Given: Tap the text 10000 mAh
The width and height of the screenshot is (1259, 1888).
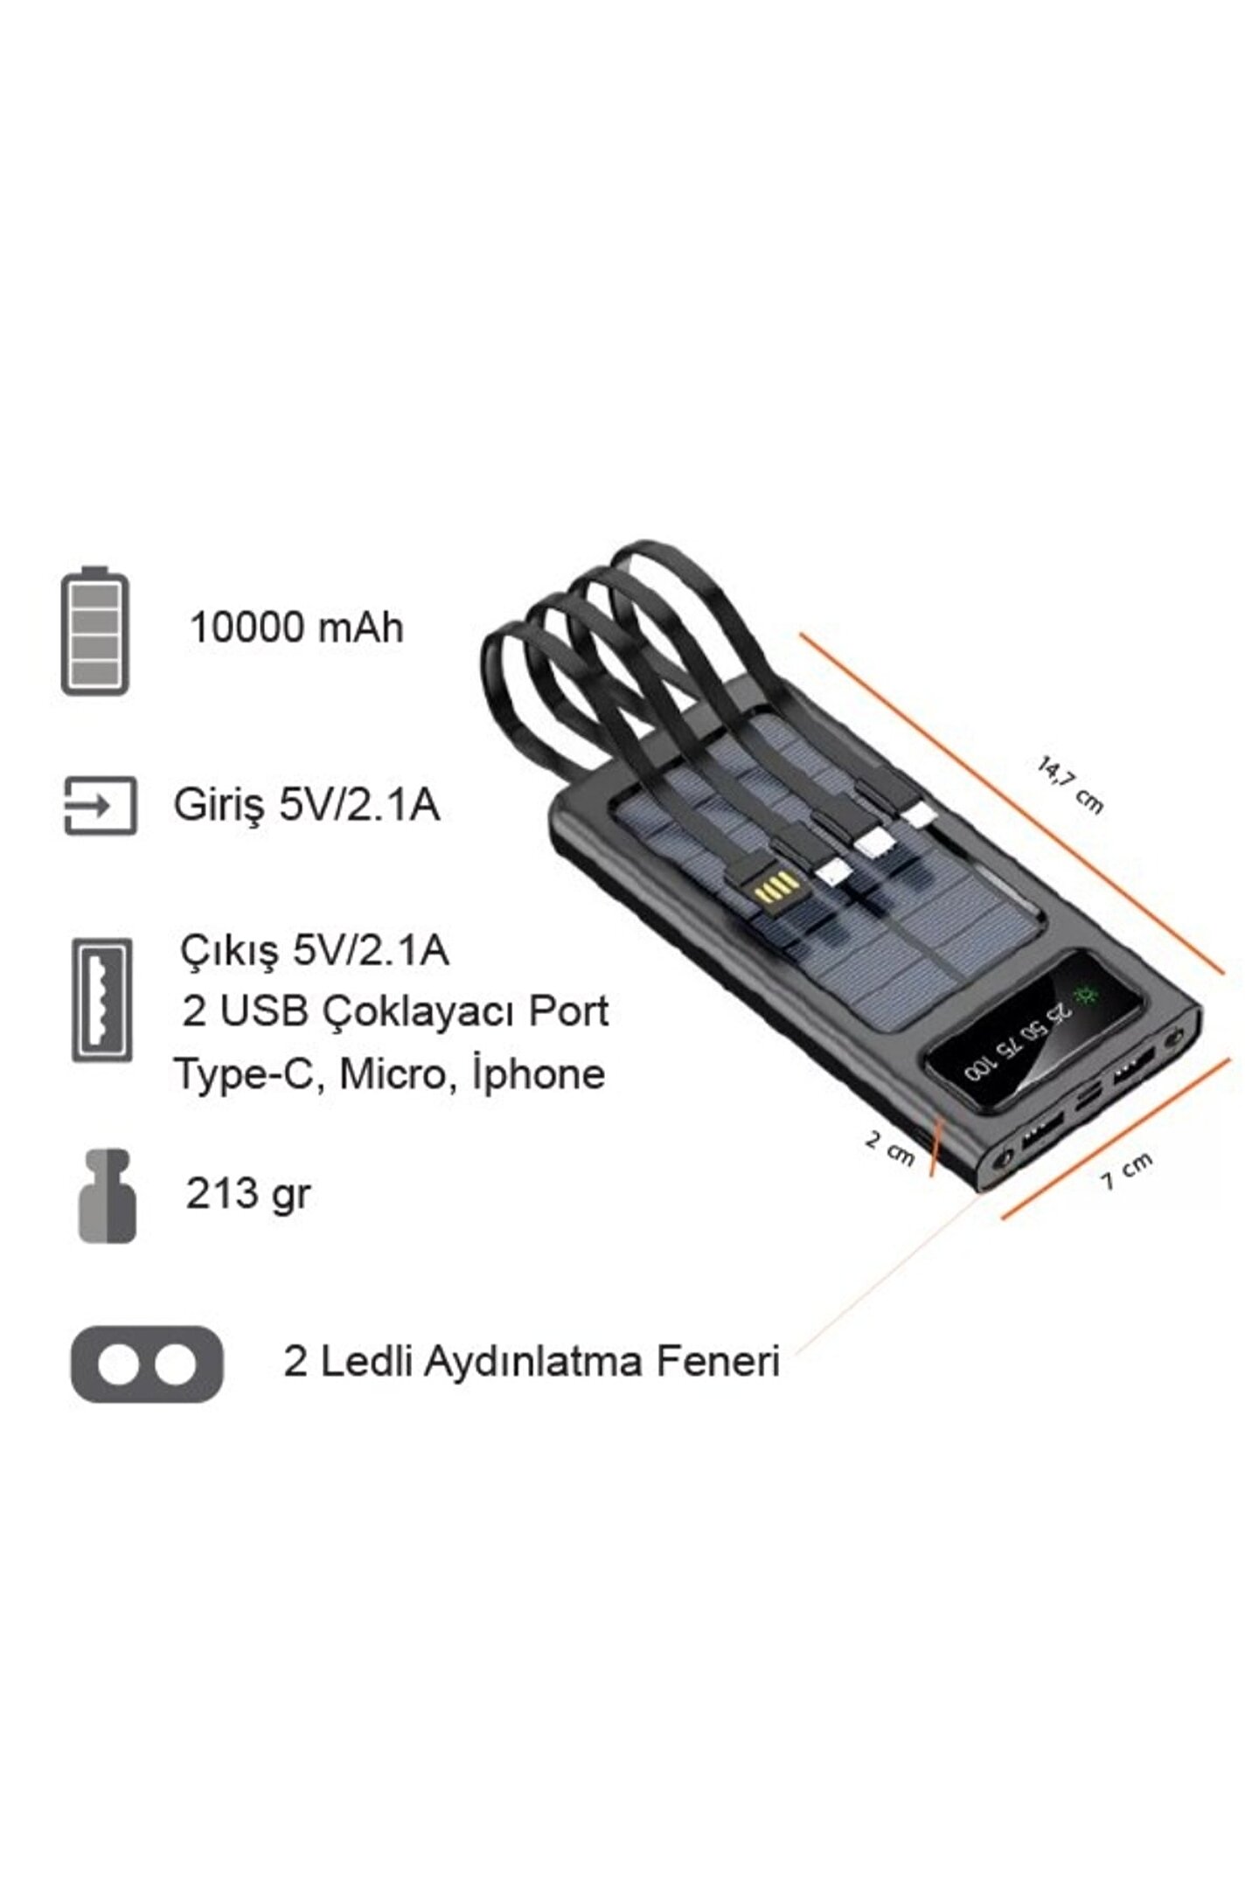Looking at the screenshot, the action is (x=296, y=628).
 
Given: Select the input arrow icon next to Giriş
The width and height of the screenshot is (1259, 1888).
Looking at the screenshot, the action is (x=101, y=805).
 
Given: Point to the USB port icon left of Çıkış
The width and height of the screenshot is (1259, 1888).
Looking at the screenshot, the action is (x=102, y=1000).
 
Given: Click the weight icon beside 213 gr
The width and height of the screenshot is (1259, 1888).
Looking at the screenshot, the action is (x=107, y=1196).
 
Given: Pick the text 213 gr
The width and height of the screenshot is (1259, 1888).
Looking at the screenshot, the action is (x=247, y=1194).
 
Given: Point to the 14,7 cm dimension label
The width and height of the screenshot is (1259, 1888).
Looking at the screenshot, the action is (x=1070, y=786).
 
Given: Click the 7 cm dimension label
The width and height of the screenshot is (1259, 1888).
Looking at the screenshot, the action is (x=1126, y=1170).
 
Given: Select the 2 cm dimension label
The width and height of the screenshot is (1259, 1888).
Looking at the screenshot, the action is (x=889, y=1148).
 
